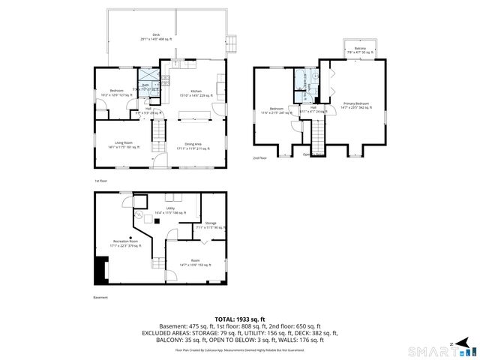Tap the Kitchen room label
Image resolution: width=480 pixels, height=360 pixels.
(195, 93)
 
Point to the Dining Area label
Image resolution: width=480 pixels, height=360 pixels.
(195, 145)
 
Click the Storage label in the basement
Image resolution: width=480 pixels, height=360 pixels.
(211, 224)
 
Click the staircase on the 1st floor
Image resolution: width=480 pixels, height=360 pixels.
(158, 133)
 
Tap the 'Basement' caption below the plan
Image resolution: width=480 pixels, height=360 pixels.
(100, 298)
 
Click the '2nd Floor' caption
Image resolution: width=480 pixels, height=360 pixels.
(259, 158)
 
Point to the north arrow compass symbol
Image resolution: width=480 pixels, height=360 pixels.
(452, 343)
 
